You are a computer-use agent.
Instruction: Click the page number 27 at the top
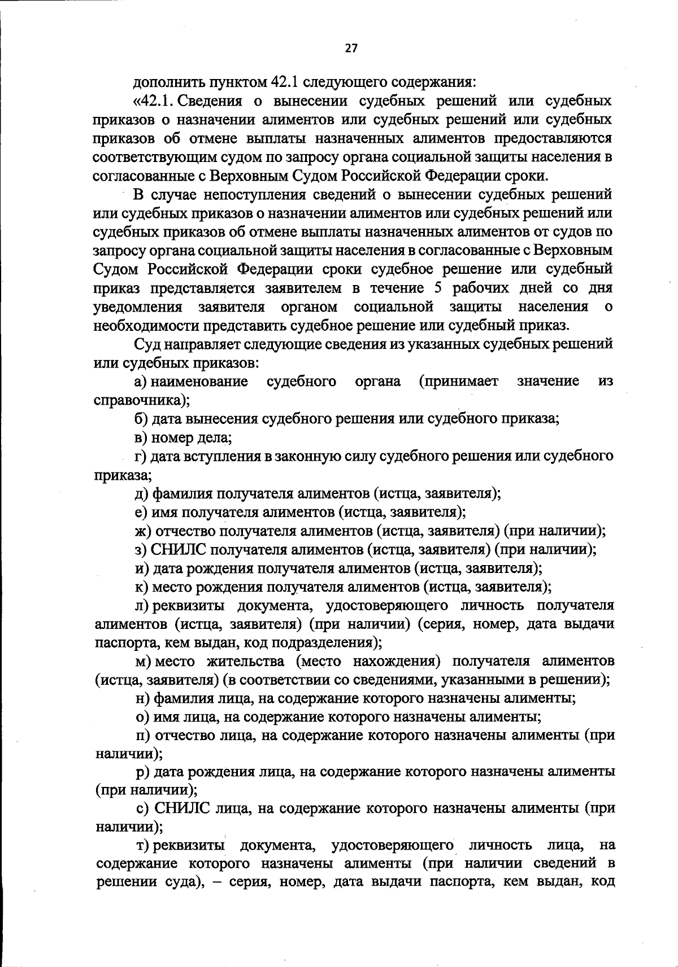point(351,49)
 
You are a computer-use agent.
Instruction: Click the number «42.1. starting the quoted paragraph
point(155,102)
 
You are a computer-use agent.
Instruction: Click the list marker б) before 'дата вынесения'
point(141,419)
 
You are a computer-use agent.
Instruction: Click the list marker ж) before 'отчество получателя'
point(143,531)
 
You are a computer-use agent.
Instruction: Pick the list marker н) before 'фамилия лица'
point(142,698)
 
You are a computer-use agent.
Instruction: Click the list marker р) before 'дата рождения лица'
point(142,772)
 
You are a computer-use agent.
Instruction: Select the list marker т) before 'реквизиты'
point(142,846)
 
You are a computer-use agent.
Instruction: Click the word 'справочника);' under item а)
point(142,400)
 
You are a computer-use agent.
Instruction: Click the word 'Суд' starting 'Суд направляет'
point(146,344)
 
